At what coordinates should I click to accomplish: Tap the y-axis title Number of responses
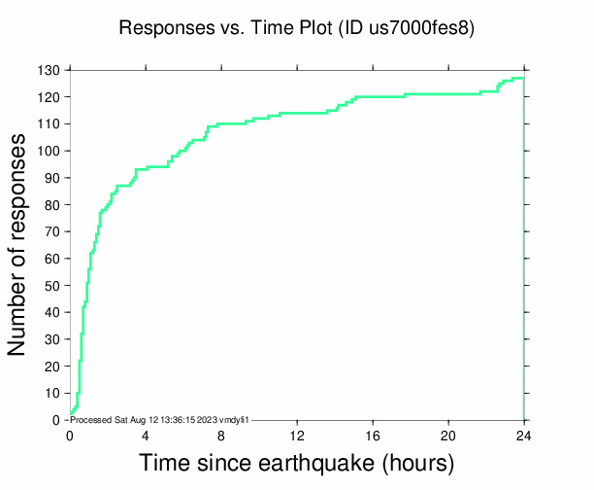[x=18, y=245]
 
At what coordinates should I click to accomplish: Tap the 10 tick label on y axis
[x=53, y=393]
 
